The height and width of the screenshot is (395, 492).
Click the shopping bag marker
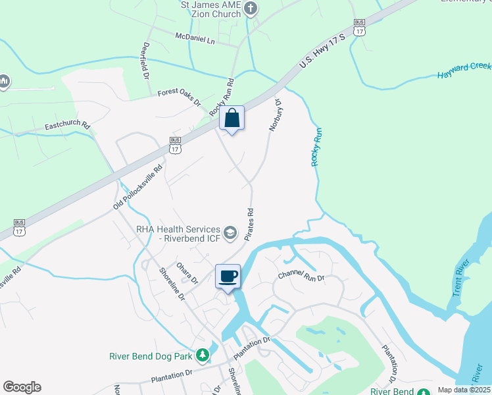232,119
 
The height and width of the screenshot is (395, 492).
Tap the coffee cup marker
228,276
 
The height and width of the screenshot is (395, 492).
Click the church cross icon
250,9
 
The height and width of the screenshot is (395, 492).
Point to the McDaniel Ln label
195,39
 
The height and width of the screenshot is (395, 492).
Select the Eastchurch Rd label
67,124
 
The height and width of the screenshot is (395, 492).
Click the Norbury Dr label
274,115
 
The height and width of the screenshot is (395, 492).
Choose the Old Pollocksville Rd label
137,186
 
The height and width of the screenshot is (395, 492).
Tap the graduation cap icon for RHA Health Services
230,232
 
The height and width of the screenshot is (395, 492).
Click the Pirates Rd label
250,224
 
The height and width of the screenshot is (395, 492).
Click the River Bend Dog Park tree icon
203,355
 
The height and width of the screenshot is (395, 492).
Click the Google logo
22,387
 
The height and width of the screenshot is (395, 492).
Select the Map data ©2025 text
463,390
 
